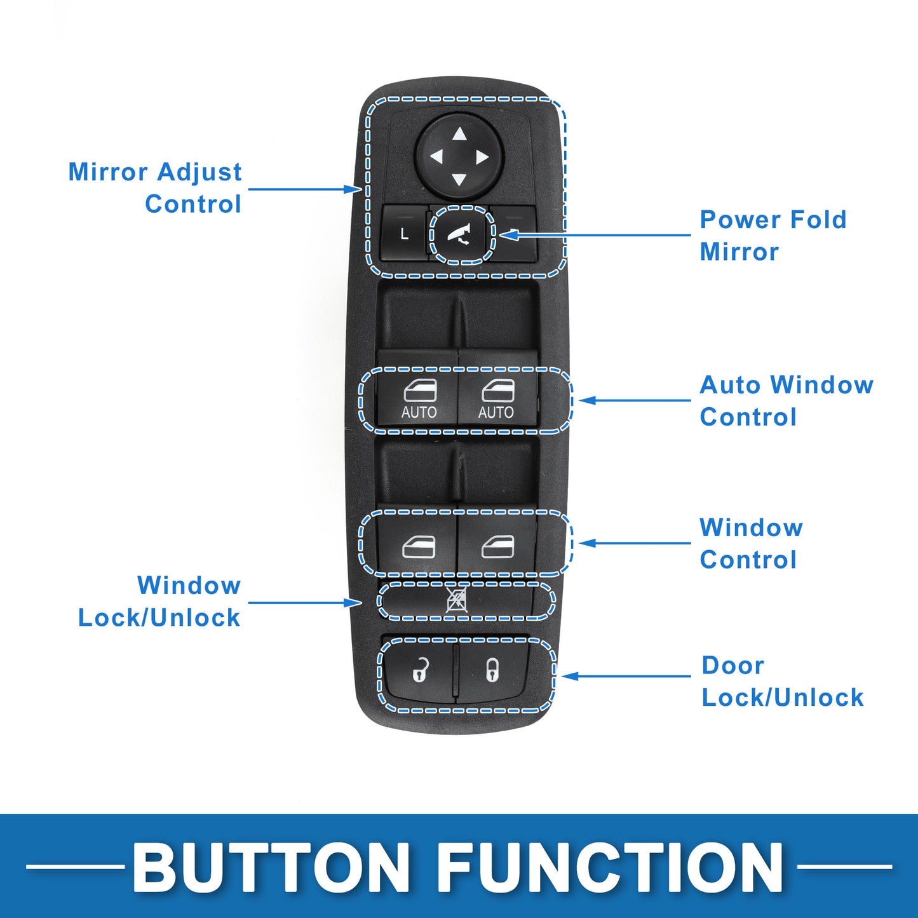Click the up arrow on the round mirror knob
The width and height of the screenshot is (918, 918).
[459, 134]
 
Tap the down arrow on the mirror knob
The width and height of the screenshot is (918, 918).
[459, 180]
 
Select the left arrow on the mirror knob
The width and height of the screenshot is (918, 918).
[437, 157]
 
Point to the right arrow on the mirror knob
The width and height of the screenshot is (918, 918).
[482, 157]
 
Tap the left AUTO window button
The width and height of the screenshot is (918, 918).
[418, 400]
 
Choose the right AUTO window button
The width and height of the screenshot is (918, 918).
[497, 400]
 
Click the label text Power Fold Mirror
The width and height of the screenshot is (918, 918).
[773, 236]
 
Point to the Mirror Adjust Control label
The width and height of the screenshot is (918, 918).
[155, 188]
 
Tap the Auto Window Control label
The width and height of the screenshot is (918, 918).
[786, 401]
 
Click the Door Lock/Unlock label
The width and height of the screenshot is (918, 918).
[782, 681]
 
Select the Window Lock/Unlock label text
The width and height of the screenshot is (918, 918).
[159, 601]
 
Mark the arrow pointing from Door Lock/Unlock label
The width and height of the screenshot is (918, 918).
[626, 675]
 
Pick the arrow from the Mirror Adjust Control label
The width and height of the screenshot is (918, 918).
[305, 189]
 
